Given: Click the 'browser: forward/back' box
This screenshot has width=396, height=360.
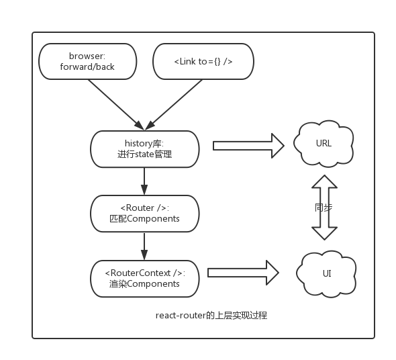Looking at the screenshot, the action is tap(88, 61).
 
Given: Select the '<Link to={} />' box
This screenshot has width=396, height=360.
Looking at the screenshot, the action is tap(203, 61).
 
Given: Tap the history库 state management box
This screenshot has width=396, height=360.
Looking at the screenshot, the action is tap(145, 149).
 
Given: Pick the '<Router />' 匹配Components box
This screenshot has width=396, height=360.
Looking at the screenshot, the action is tap(145, 214).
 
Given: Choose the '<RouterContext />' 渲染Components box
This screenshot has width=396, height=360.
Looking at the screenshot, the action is tap(145, 279).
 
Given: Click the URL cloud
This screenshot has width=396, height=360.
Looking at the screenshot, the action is tap(324, 144).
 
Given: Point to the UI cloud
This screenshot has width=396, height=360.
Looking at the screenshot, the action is tap(326, 273).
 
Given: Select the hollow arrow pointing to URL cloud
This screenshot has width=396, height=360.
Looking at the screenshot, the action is tap(249, 146).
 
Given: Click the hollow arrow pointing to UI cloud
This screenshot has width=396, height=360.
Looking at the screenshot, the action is tap(243, 273).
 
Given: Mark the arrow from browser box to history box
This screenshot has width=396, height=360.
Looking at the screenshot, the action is tap(116, 105).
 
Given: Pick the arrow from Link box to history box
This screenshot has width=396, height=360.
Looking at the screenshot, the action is tap(174, 105).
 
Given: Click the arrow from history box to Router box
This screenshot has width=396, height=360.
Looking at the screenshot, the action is tap(144, 181).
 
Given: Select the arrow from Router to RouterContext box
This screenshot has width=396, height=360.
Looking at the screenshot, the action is tap(144, 246).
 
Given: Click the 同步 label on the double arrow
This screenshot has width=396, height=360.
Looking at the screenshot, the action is tap(324, 208).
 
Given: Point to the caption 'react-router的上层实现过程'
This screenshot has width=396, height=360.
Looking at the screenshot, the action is tap(211, 316).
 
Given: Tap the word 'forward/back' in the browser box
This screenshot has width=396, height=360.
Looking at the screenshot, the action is tap(87, 66).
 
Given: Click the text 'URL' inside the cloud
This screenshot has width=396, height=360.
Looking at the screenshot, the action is tap(324, 143).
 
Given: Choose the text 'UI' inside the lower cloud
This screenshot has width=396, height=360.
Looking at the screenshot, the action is tap(327, 273).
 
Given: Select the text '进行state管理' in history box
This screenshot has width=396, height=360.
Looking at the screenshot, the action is tap(145, 154).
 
